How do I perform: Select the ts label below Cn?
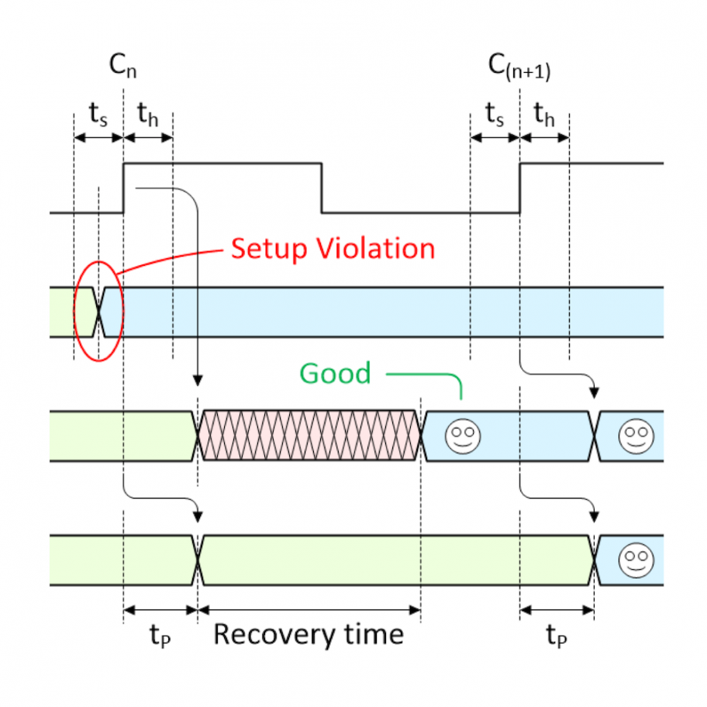pos(98,116)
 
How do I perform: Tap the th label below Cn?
pos(149,116)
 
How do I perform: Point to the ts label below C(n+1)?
pos(494,116)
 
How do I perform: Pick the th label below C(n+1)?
pos(545,116)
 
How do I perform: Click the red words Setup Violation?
pos(333,248)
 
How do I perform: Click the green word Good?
pos(335,373)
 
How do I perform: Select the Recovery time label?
pos(309,634)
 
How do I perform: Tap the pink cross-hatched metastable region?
pos(309,436)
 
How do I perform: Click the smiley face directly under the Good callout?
pos(462,436)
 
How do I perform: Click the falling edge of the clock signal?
pos(322,188)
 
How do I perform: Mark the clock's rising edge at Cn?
pos(124,188)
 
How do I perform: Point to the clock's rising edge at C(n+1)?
pos(519,188)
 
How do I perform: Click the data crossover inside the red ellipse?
pos(99,312)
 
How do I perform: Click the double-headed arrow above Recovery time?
pos(309,610)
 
